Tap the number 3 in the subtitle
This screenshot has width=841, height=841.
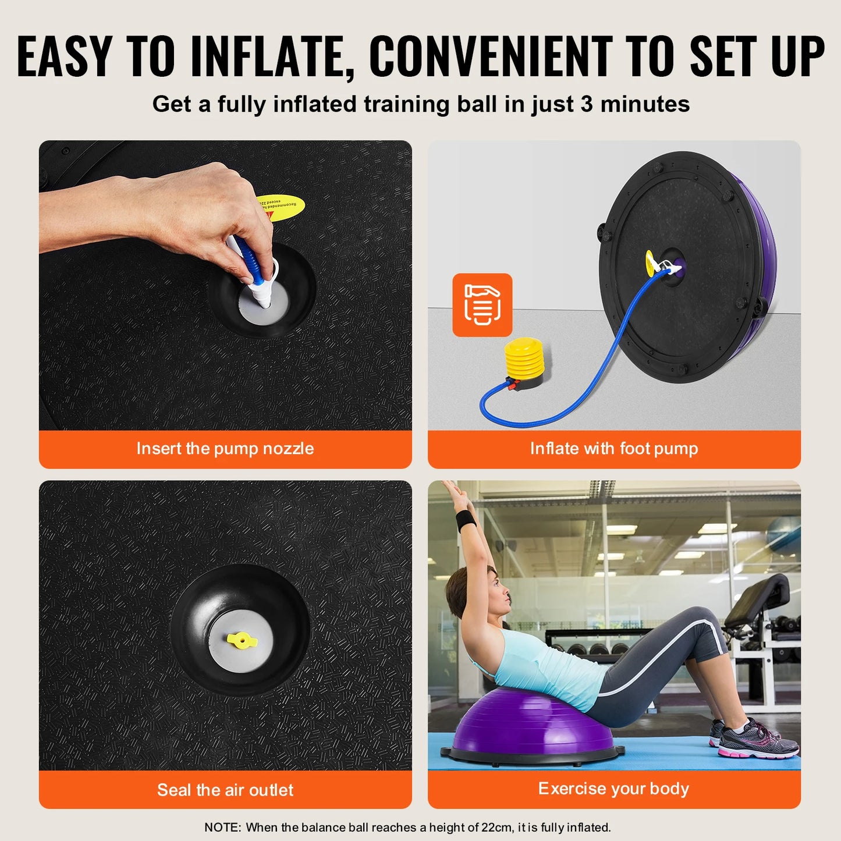(x=586, y=104)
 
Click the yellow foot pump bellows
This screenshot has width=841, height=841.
(x=524, y=360)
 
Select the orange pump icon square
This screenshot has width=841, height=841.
(x=482, y=305)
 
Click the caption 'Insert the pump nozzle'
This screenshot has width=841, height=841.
(x=225, y=449)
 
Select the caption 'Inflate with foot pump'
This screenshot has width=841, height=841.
(x=614, y=449)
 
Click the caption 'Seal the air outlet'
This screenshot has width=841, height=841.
(x=225, y=790)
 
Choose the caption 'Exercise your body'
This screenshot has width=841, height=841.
(x=613, y=789)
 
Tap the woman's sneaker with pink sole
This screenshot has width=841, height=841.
(x=757, y=742)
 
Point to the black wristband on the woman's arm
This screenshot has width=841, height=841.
(x=466, y=520)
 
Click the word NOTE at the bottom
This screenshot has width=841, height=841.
(x=222, y=827)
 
